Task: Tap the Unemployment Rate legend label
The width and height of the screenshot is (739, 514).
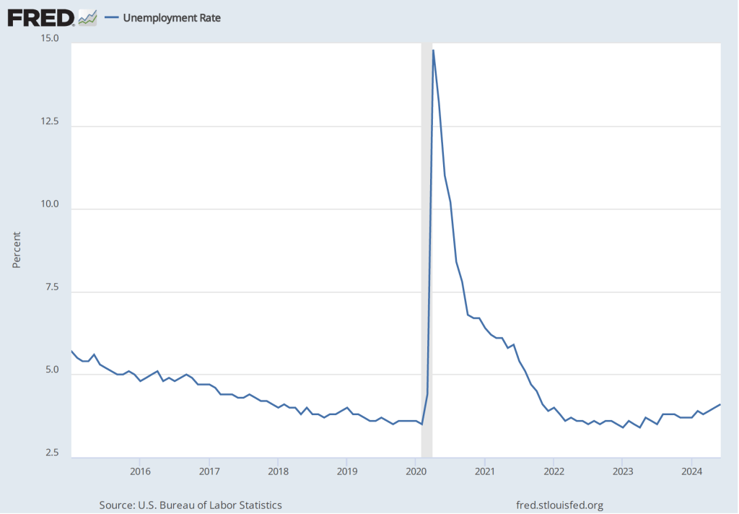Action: click(x=172, y=18)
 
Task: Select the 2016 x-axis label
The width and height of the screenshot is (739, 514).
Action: click(x=140, y=472)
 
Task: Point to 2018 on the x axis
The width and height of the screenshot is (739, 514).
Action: click(x=278, y=472)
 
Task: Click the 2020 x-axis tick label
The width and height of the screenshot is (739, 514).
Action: click(x=416, y=472)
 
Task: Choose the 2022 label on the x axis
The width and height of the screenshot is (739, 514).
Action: click(x=554, y=472)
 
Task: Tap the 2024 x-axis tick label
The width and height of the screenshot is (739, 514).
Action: click(x=691, y=472)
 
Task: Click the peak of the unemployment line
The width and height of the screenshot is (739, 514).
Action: click(x=433, y=50)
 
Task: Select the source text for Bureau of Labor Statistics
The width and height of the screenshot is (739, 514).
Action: click(x=191, y=505)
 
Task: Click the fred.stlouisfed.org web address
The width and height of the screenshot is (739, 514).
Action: click(x=561, y=505)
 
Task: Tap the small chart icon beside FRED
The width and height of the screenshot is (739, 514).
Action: click(x=88, y=17)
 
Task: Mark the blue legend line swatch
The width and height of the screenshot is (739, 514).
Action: click(x=111, y=18)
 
